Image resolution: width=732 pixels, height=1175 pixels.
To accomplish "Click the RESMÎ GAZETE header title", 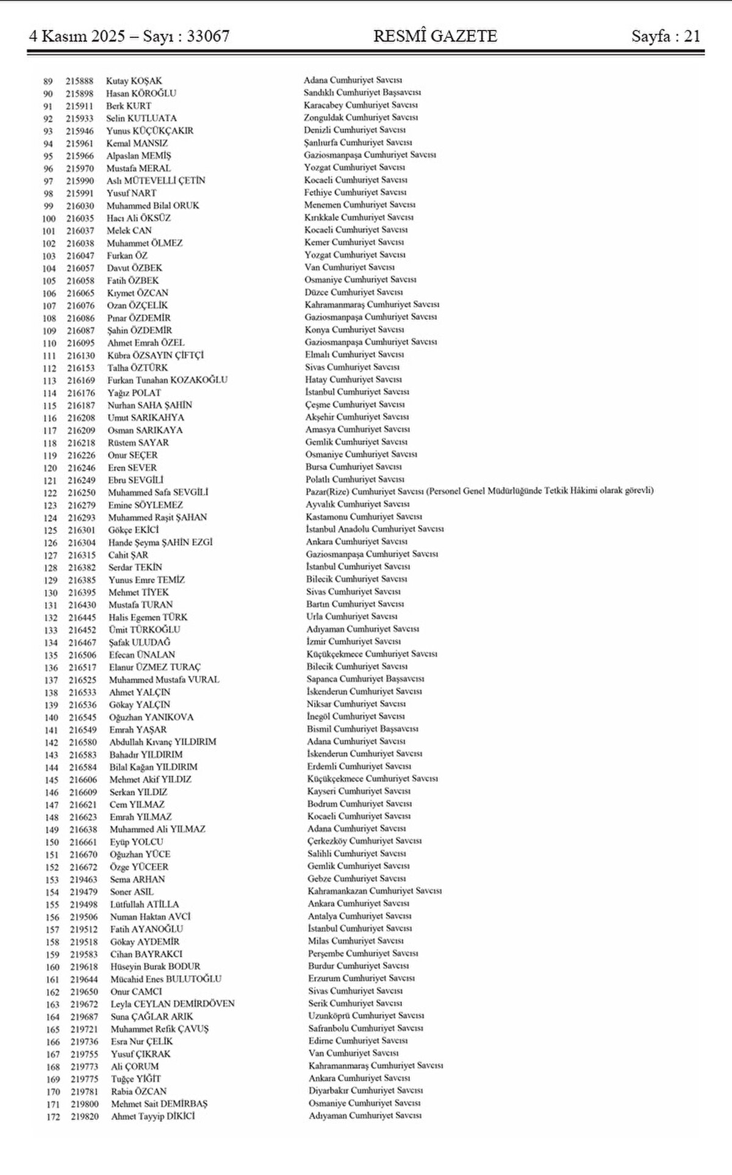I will coord(435,37).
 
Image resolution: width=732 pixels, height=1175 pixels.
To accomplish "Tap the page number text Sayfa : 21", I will coord(666,37).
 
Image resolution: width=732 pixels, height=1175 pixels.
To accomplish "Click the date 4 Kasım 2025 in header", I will coord(76,37).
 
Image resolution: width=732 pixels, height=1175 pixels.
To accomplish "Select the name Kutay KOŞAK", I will coord(134,81).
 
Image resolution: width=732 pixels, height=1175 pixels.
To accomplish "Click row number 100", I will coord(49,219).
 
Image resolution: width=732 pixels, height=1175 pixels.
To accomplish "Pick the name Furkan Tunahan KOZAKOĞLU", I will coord(167,380).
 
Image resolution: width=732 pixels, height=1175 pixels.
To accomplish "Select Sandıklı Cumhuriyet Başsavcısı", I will coord(362,93).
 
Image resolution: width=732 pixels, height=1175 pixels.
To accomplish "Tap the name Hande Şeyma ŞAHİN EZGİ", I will coord(160,542).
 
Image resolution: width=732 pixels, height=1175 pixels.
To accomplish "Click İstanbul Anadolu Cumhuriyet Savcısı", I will coord(375,529).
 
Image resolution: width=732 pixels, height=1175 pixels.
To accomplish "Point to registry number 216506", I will coord(82,655).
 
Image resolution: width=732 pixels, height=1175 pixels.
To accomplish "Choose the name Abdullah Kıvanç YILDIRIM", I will coord(163,742).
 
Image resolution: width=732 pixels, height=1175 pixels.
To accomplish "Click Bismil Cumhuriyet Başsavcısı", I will coord(362,729).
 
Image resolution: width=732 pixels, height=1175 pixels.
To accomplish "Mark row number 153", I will coord(52,880).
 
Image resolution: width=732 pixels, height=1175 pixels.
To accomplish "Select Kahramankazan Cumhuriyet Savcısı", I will coord(375,891).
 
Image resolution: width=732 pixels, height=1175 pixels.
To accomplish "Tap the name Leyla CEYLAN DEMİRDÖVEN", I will coord(173,1004).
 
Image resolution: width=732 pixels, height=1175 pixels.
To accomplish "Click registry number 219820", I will coord(85,1116).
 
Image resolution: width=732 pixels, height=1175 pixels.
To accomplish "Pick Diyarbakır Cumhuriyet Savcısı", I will coord(365,1091).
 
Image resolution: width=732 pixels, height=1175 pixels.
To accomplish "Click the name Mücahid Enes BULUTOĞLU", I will coord(166,979).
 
